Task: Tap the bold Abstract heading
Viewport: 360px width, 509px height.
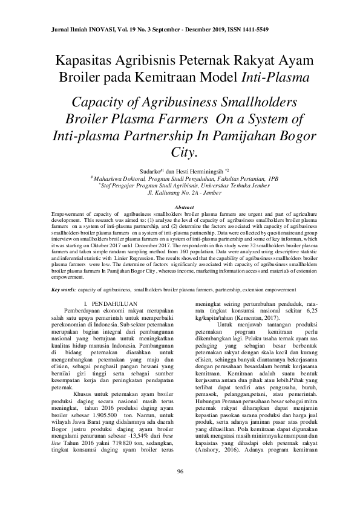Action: pos(179,207)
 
